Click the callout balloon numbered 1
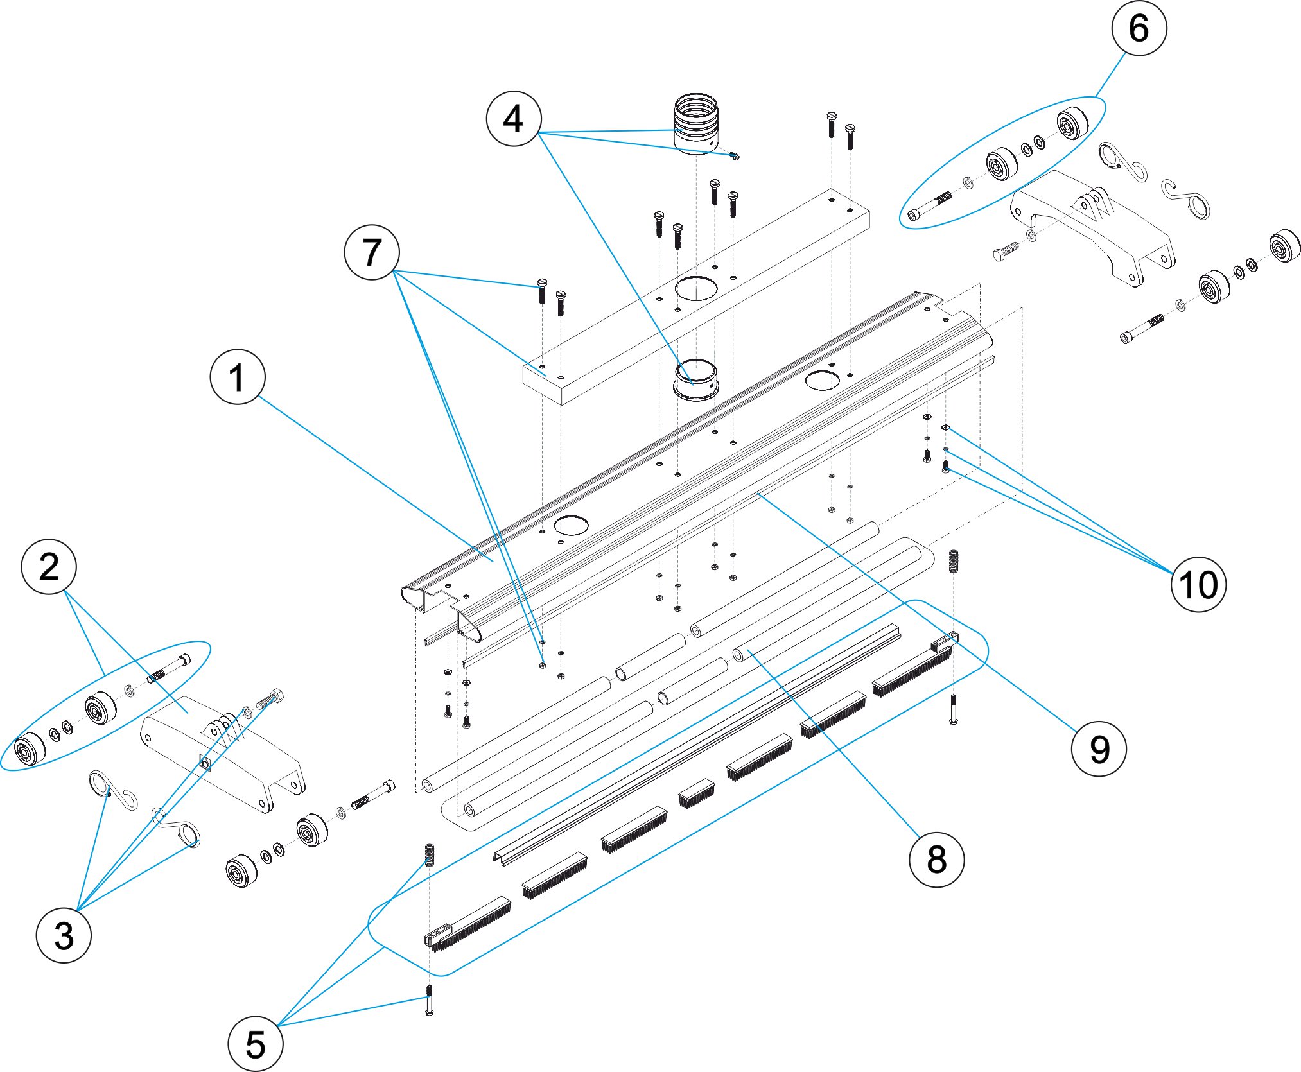click(x=238, y=377)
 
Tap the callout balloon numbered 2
click(x=49, y=567)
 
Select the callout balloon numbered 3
click(x=64, y=935)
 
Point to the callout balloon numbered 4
click(x=514, y=119)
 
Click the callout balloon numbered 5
click(x=255, y=1044)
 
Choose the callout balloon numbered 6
click(x=1139, y=28)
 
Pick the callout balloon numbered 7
click(x=372, y=252)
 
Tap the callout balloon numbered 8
click(x=936, y=860)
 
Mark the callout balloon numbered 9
click(x=1099, y=748)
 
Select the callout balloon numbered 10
click(x=1198, y=584)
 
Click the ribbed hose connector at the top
click(x=696, y=122)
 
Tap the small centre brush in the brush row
click(x=697, y=793)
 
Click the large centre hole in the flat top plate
click(x=696, y=288)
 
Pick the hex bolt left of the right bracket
click(x=1006, y=251)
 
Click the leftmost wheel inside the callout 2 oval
click(x=30, y=748)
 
